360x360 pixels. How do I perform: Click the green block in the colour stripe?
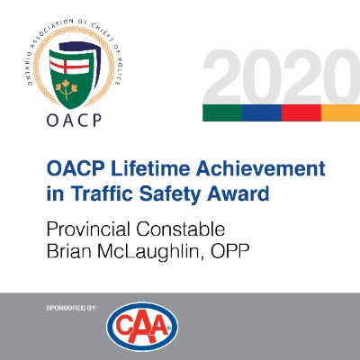[222, 112]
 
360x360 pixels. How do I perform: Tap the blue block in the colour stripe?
[262, 112]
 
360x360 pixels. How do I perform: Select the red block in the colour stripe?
[301, 112]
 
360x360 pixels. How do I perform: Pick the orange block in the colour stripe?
[340, 112]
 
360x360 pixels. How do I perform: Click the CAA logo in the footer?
[142, 327]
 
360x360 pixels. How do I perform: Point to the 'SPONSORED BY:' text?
[72, 308]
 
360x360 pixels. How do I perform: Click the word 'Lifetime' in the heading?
[151, 168]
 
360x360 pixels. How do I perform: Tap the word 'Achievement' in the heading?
[261, 168]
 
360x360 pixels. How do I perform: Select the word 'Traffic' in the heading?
[102, 193]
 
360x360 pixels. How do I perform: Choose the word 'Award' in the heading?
[238, 193]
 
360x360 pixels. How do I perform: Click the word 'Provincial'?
[88, 229]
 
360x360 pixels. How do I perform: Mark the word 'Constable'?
[181, 229]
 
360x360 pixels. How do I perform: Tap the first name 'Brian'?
[69, 252]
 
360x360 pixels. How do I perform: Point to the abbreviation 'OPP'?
[230, 252]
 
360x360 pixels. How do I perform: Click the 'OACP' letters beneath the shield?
[74, 121]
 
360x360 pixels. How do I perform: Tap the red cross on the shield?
[69, 64]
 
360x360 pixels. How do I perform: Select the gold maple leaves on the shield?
[67, 89]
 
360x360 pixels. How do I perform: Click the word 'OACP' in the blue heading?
[76, 168]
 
